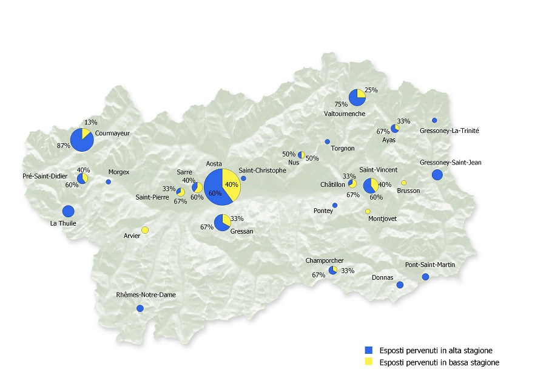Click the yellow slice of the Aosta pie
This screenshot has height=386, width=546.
232,184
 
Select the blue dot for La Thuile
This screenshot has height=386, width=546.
68,211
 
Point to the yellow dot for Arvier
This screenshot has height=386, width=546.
145,229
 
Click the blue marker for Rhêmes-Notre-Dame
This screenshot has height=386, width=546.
140,308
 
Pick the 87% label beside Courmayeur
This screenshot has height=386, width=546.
63,146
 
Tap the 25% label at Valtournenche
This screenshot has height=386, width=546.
371,90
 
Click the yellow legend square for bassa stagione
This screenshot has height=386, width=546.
367,362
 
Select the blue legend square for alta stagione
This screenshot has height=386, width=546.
367,350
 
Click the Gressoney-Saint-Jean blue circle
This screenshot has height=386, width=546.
437,175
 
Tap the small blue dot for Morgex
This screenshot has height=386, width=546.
109,181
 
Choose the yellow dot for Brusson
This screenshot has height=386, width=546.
403,183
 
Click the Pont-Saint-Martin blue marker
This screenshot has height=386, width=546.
425,277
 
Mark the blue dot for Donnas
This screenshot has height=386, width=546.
399,285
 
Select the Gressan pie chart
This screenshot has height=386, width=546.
222,222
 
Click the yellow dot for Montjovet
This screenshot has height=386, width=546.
368,211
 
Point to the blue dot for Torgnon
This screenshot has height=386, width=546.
327,141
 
